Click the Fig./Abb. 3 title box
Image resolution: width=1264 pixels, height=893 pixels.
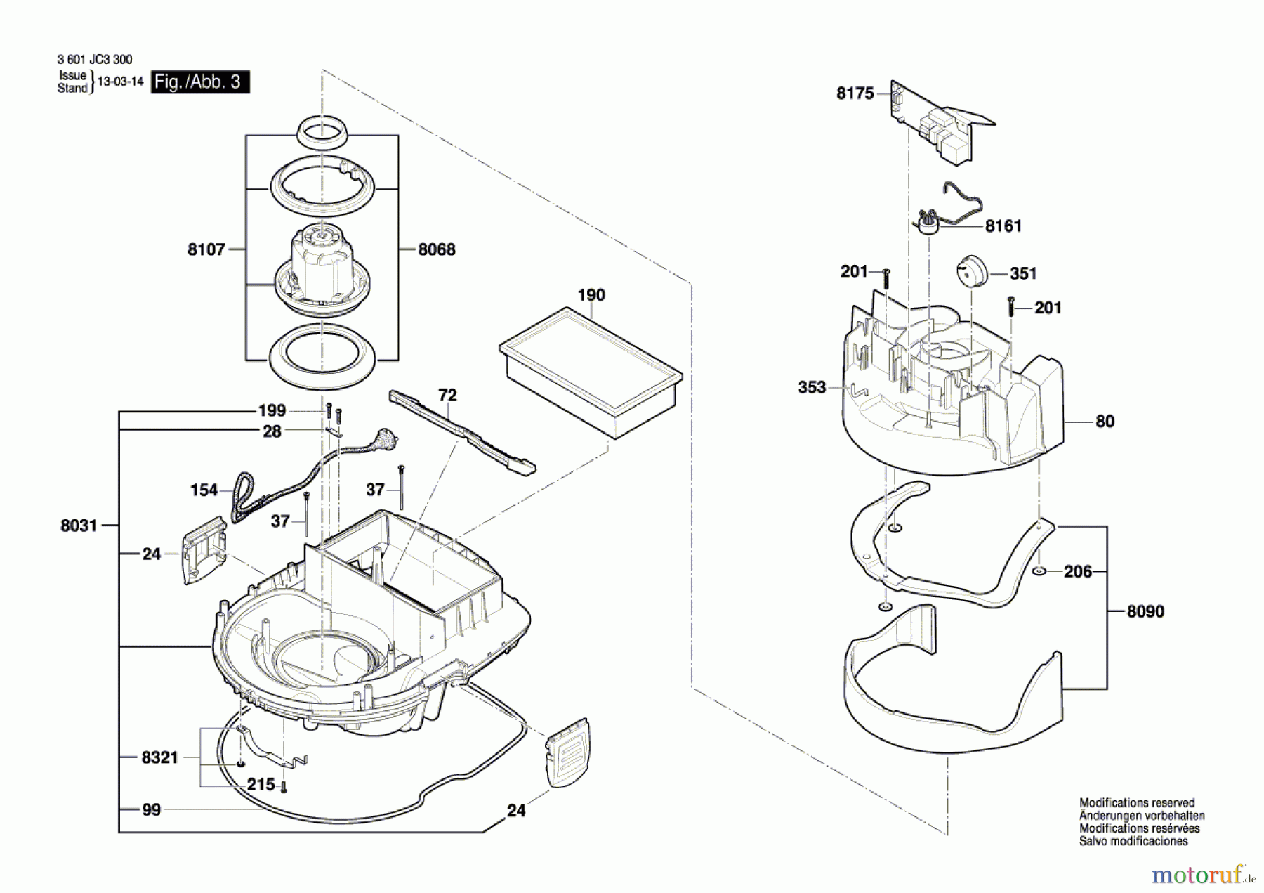(x=200, y=82)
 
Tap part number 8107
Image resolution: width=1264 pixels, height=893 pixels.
(x=206, y=249)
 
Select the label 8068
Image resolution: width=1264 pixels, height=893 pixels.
(x=437, y=249)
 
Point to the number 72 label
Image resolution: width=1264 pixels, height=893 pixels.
(x=447, y=396)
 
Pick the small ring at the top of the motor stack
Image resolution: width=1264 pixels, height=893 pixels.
(x=322, y=131)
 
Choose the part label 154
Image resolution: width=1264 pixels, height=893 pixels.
(x=204, y=490)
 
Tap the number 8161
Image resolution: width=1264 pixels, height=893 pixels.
(x=1003, y=226)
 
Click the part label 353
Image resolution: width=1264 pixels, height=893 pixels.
(x=812, y=387)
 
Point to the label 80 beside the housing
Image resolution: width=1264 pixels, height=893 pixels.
(x=1105, y=422)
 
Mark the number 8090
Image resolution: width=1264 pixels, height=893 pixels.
(x=1145, y=611)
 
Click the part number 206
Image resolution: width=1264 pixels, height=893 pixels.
(x=1078, y=572)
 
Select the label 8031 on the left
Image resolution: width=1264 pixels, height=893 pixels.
(x=79, y=526)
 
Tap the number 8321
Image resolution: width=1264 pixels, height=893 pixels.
(x=160, y=757)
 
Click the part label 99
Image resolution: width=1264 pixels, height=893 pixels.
(x=151, y=810)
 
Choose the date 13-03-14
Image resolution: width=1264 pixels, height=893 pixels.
(x=120, y=82)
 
